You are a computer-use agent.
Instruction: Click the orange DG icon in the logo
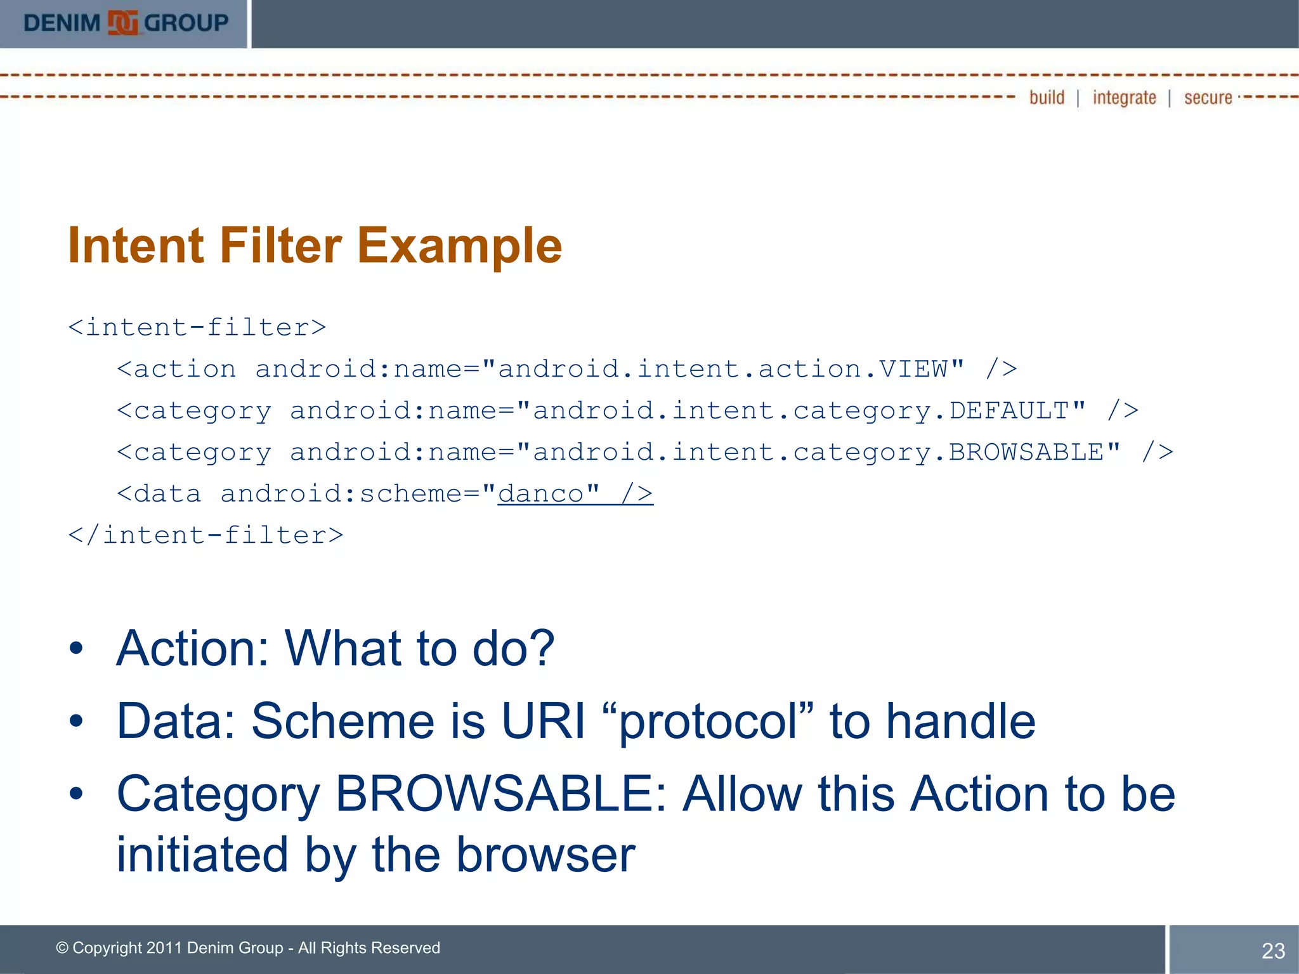coord(122,23)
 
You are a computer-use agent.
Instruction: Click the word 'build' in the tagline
coord(1047,98)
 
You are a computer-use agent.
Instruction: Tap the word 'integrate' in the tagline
coord(1124,98)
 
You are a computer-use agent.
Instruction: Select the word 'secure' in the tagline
coord(1208,98)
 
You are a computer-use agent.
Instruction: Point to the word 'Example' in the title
coord(459,247)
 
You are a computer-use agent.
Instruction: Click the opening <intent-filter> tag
coord(197,328)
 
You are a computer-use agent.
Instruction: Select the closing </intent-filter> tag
coord(206,536)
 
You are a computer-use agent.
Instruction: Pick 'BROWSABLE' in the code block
coord(1026,452)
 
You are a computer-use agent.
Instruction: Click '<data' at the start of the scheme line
coord(159,494)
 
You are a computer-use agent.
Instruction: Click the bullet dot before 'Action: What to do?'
coord(76,649)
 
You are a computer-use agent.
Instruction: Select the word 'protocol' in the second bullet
coord(707,722)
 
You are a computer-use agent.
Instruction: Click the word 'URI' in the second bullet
coord(543,721)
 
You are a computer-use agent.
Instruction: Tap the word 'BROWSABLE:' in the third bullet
coord(500,794)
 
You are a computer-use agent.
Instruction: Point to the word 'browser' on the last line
coord(545,855)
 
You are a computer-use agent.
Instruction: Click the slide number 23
coord(1273,951)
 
